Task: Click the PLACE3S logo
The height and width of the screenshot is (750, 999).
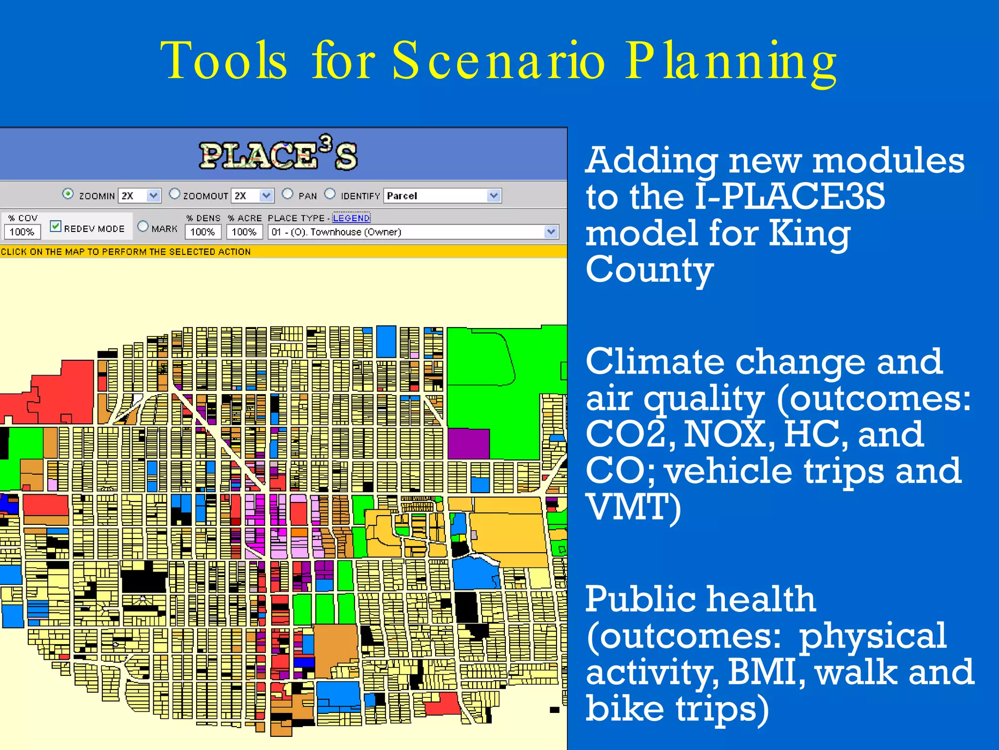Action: tap(278, 154)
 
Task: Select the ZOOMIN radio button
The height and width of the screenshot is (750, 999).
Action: tap(68, 194)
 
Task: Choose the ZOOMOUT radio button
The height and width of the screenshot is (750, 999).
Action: tap(174, 194)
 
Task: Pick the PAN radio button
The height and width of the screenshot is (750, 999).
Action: tap(288, 194)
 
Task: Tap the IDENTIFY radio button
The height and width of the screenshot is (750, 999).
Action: tap(330, 194)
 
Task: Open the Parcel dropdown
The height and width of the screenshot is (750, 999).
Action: tap(494, 196)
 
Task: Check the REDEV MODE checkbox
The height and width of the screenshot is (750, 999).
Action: tap(56, 227)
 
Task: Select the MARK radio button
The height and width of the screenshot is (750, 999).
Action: tap(143, 227)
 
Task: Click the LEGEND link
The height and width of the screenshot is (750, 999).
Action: tap(351, 218)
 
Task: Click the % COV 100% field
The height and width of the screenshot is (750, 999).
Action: tap(22, 232)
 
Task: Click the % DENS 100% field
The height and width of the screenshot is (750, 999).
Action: tap(202, 232)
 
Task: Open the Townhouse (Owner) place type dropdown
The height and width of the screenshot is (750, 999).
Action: tap(551, 232)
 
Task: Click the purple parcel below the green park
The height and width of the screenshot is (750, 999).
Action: tap(468, 443)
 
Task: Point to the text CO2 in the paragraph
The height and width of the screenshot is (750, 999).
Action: tap(630, 434)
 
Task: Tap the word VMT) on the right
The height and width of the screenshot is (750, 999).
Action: tap(633, 508)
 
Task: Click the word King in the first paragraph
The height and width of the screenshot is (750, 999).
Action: tap(809, 233)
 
